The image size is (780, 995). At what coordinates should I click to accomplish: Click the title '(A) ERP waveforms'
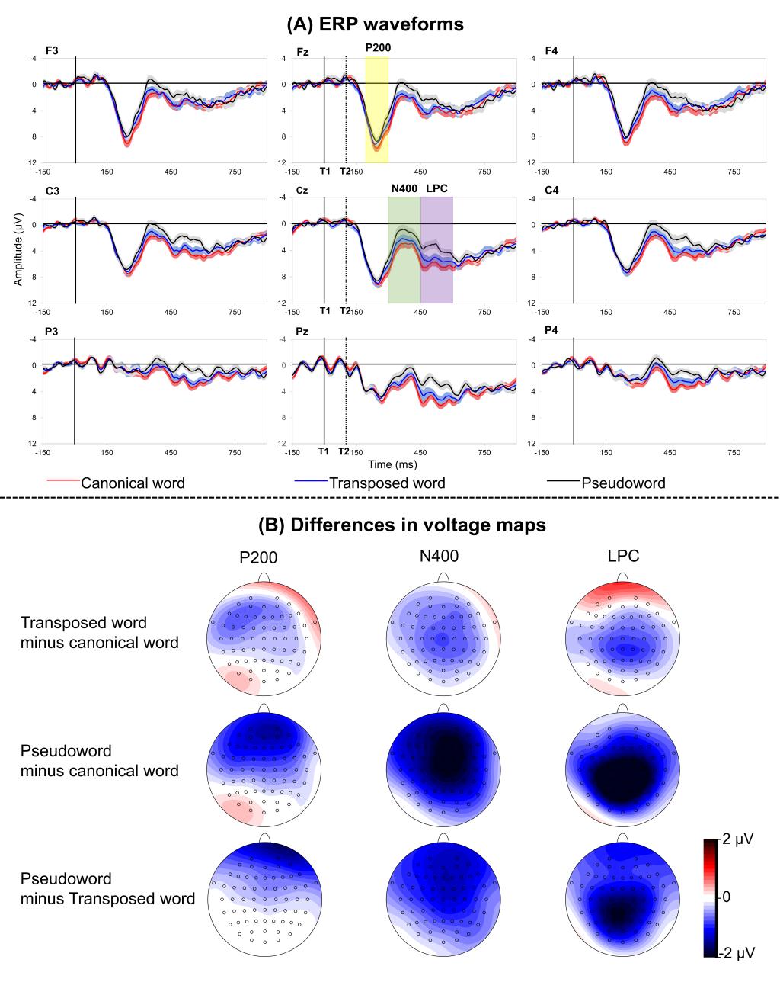click(375, 24)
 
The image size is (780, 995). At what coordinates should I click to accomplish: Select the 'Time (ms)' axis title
click(392, 464)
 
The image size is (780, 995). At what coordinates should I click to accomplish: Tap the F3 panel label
click(52, 50)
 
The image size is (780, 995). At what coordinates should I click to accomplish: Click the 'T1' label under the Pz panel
click(324, 451)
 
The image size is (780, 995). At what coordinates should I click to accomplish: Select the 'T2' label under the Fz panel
click(345, 171)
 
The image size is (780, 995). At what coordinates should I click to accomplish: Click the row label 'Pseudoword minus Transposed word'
click(107, 888)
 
